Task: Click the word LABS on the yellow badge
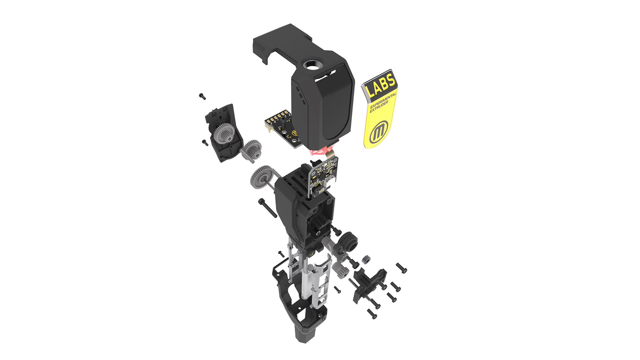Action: tap(381, 85)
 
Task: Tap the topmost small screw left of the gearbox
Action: tap(202, 96)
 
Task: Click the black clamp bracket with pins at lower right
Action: tap(368, 283)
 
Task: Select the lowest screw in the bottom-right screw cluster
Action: tap(371, 313)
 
